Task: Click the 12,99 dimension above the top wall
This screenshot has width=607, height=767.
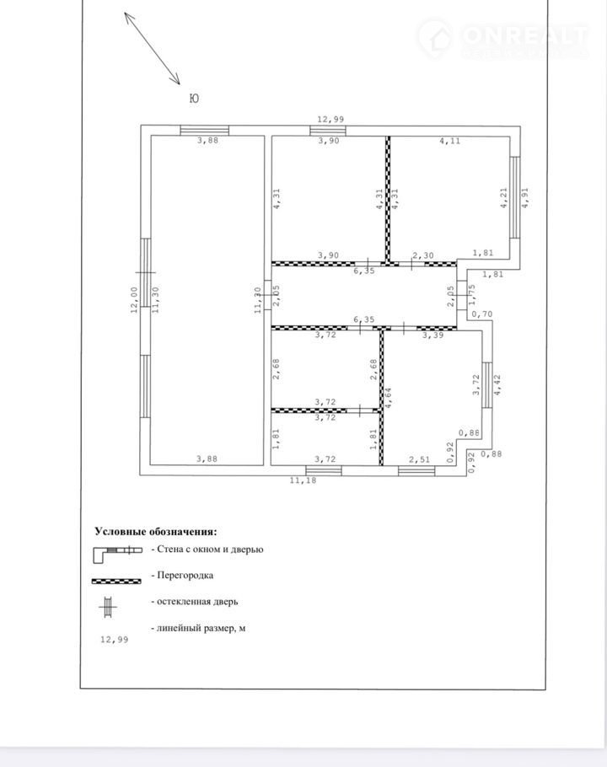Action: (330, 119)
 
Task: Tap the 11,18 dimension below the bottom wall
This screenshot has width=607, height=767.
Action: (303, 480)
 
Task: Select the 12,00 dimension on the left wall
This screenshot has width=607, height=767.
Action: (134, 300)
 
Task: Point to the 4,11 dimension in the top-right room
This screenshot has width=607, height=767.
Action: (449, 141)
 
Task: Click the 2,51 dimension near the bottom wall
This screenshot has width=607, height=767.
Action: (419, 459)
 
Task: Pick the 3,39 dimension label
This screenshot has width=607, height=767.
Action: (432, 335)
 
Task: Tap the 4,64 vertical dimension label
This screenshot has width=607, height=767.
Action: (389, 398)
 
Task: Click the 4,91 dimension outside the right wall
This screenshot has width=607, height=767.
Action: (525, 197)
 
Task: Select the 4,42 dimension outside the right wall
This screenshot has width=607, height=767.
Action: (497, 384)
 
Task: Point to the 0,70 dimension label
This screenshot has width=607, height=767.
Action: (481, 314)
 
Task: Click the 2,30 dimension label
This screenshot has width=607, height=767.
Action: (423, 255)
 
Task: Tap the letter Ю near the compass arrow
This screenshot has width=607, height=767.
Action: (194, 99)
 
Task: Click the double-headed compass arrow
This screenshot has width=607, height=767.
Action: (152, 48)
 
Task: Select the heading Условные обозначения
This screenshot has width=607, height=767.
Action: (155, 531)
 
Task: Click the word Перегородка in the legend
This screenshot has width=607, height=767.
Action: (185, 575)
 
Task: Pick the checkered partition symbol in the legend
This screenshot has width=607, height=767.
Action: (116, 581)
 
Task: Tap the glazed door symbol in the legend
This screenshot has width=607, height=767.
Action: (108, 608)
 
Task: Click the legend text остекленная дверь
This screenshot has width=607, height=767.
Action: (197, 601)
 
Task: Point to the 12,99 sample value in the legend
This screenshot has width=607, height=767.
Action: (114, 640)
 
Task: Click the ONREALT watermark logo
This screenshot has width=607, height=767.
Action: (502, 38)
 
